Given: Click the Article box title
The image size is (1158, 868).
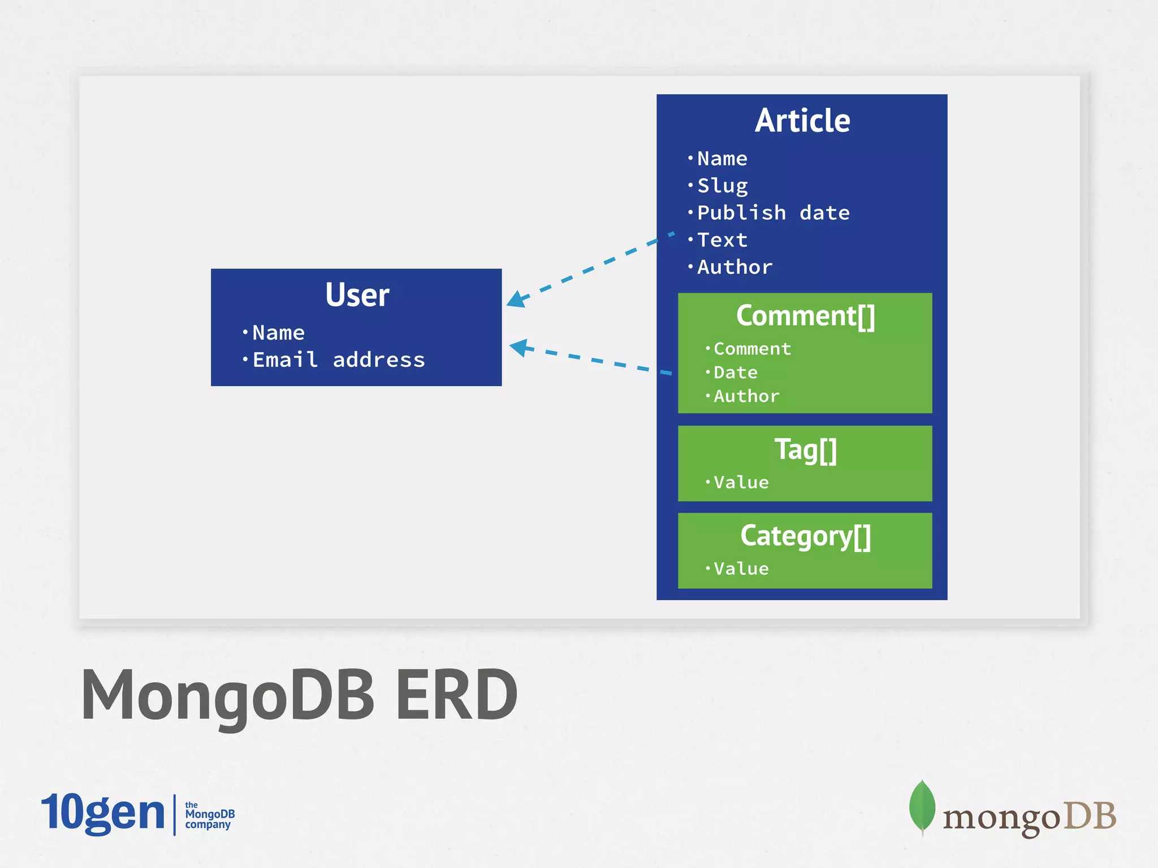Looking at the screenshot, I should coord(802,120).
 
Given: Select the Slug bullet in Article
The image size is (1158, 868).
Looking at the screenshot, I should coord(722,185).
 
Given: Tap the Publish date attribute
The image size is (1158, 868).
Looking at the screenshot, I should coord(772,213).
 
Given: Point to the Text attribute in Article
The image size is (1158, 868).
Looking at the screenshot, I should coord(722,240).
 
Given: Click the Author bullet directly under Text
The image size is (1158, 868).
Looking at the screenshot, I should coord(734,267).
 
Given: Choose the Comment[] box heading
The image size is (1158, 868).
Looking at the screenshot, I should coord(805,315).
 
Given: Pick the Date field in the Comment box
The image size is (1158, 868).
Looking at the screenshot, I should coord(735,373).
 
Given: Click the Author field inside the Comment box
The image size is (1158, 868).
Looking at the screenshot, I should coord(746,397).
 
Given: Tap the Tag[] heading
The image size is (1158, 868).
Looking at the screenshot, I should coord(805,450).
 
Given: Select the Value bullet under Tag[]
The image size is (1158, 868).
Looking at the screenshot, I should coord(741,483).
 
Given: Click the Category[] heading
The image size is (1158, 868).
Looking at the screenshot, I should coord(805,536).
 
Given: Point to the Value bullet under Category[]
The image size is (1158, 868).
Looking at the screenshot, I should coord(741,569).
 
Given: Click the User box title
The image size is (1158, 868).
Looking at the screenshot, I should coord(357,295).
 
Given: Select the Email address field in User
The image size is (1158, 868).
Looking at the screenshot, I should coord(338,360).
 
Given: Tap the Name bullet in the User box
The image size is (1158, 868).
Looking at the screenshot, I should coord(278,333).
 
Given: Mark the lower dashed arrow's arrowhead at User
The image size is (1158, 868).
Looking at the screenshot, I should coord(518,347).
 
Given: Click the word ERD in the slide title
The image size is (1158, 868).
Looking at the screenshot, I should coord(456,695).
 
